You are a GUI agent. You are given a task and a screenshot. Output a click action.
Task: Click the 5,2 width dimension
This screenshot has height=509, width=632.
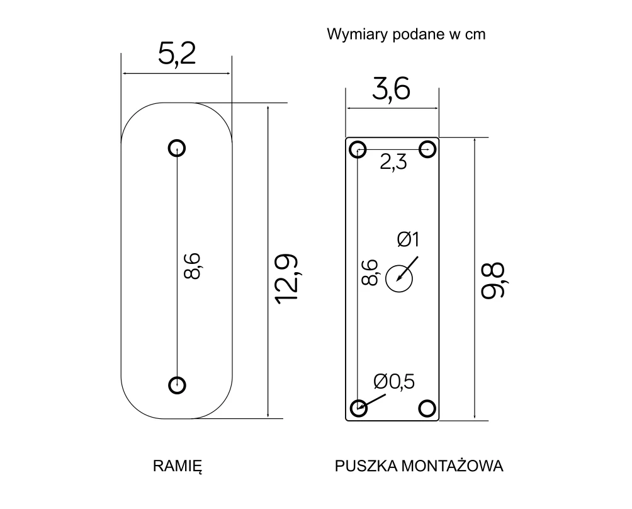[x=176, y=54]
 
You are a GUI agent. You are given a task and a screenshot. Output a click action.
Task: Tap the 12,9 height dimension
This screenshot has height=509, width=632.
[x=286, y=279]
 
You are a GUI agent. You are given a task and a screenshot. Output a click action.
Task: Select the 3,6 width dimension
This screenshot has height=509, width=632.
[x=391, y=89]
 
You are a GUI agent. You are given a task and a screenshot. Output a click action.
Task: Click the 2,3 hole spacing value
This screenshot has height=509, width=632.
[x=393, y=163]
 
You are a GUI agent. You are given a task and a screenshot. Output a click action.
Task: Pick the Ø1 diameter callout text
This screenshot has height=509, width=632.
[x=408, y=239]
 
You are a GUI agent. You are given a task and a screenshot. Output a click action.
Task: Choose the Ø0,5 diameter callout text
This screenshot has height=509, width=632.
[x=394, y=382]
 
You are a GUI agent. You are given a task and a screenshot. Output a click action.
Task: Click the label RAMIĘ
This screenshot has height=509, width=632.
[x=178, y=466]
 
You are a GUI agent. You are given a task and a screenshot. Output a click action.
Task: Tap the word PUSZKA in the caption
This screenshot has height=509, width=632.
[x=366, y=466]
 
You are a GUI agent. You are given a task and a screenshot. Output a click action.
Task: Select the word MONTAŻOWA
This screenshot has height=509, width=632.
[x=453, y=466]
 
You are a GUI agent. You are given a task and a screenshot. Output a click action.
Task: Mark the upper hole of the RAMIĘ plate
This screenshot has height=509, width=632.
[x=176, y=148]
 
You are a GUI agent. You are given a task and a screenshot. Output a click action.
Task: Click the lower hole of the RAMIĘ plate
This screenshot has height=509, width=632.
[x=176, y=385]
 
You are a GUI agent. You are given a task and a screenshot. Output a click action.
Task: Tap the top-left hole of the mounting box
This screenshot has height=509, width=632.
[x=358, y=150]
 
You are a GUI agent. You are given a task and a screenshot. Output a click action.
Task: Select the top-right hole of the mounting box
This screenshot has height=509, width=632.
[x=427, y=149]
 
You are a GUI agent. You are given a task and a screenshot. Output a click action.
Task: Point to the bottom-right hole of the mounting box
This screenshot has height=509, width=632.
[x=427, y=408]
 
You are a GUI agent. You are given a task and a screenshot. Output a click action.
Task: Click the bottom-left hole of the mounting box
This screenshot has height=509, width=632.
[x=358, y=408]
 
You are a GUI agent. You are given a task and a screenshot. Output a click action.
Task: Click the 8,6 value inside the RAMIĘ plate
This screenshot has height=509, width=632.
[x=192, y=266]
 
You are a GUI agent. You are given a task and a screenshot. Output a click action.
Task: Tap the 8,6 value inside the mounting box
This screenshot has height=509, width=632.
[x=370, y=272]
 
